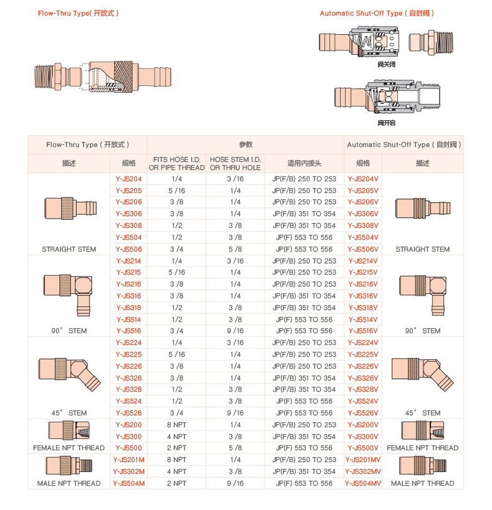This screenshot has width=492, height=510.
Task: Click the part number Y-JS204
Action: click(129, 179)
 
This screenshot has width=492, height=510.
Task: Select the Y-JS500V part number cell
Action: click(363, 448)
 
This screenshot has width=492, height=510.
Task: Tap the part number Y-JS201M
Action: click(129, 460)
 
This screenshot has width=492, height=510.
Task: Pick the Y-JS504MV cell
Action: click(363, 483)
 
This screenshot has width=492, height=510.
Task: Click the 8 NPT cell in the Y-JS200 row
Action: click(176, 425)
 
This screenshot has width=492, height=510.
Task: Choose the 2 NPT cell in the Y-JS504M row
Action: click(176, 483)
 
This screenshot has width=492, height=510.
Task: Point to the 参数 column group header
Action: click(245, 144)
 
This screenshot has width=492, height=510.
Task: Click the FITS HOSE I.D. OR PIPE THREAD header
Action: click(176, 164)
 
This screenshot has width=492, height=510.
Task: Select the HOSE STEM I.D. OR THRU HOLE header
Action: click(235, 164)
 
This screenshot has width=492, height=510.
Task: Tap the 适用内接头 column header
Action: click(304, 164)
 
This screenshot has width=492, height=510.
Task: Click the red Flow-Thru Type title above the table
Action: click(78, 13)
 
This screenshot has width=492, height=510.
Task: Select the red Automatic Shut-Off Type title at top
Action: click(377, 13)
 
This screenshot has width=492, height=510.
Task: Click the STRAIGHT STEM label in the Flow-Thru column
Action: click(69, 249)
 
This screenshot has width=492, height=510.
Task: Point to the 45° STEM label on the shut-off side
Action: click(422, 413)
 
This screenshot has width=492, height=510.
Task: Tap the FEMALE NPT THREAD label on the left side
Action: click(69, 448)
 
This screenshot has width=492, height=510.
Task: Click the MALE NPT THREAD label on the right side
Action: click(422, 483)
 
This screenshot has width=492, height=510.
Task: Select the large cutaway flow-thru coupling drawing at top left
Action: click(103, 78)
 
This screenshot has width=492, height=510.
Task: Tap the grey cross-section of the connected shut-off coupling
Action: click(387, 97)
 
